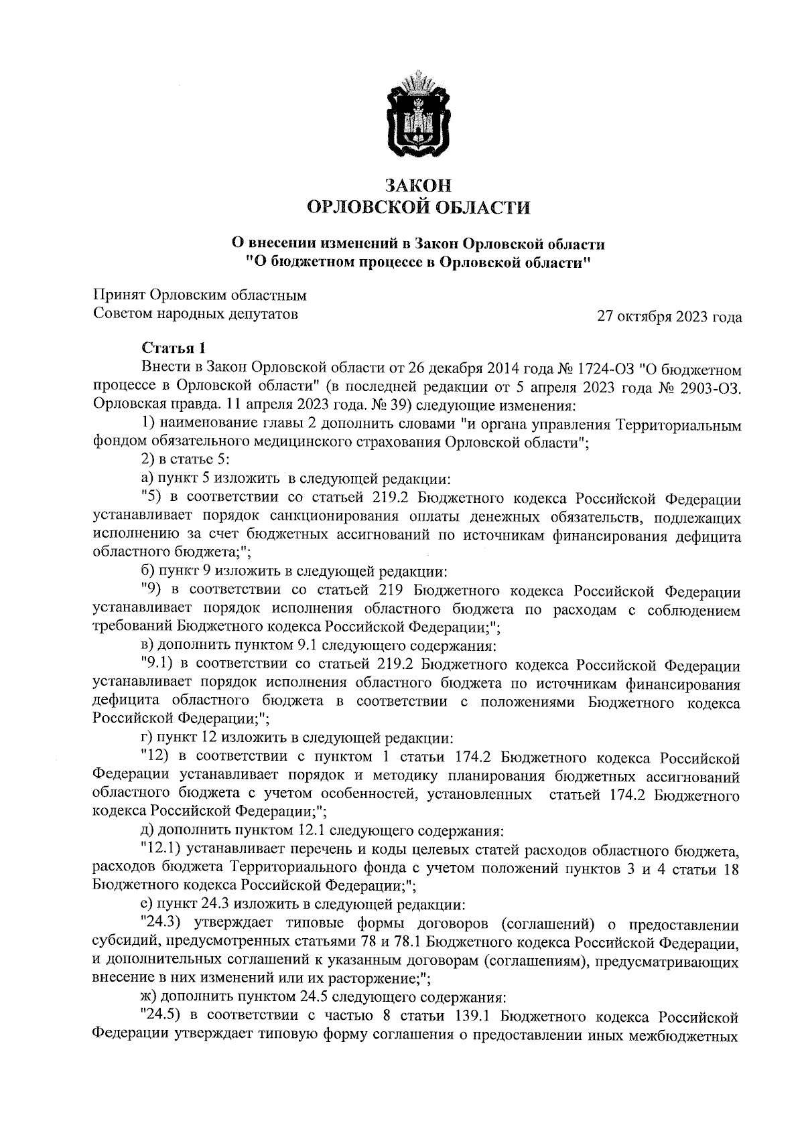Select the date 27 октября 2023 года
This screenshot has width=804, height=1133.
coord(669,317)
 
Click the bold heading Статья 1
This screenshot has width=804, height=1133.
coord(172,348)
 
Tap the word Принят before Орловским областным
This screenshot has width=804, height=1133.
coord(119,295)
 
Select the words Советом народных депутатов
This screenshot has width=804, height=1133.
coord(194,313)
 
